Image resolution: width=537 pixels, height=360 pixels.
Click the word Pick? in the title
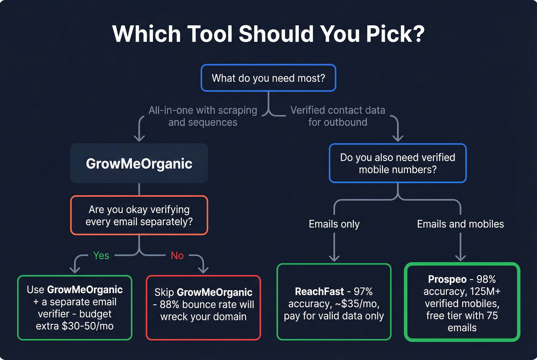click(x=395, y=34)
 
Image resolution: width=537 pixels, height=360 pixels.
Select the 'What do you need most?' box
click(x=268, y=78)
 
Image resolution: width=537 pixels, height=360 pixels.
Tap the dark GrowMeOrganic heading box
click(x=139, y=163)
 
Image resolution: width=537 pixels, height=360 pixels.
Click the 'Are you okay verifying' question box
click(x=139, y=215)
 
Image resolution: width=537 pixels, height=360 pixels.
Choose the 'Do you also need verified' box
click(x=397, y=163)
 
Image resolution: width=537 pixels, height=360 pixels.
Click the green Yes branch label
click(x=101, y=256)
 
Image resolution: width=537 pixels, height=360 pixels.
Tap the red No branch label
click(x=177, y=256)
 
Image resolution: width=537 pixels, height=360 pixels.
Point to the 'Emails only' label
click(x=334, y=224)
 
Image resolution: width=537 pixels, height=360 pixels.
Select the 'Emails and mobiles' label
click(x=460, y=224)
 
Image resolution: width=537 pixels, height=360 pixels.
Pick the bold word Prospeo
click(x=447, y=279)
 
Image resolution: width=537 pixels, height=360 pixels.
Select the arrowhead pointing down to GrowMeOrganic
click(x=139, y=138)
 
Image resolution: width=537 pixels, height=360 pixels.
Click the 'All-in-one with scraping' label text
click(x=203, y=110)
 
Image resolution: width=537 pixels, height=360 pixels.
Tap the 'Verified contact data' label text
click(x=338, y=110)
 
